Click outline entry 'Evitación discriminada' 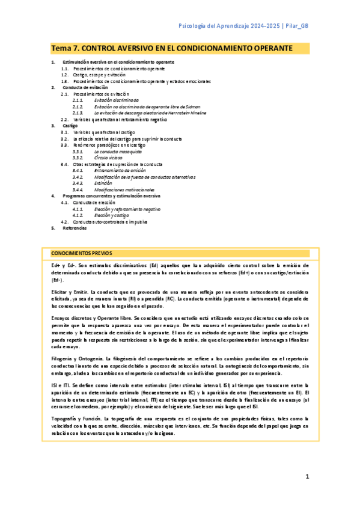point(116,100)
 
